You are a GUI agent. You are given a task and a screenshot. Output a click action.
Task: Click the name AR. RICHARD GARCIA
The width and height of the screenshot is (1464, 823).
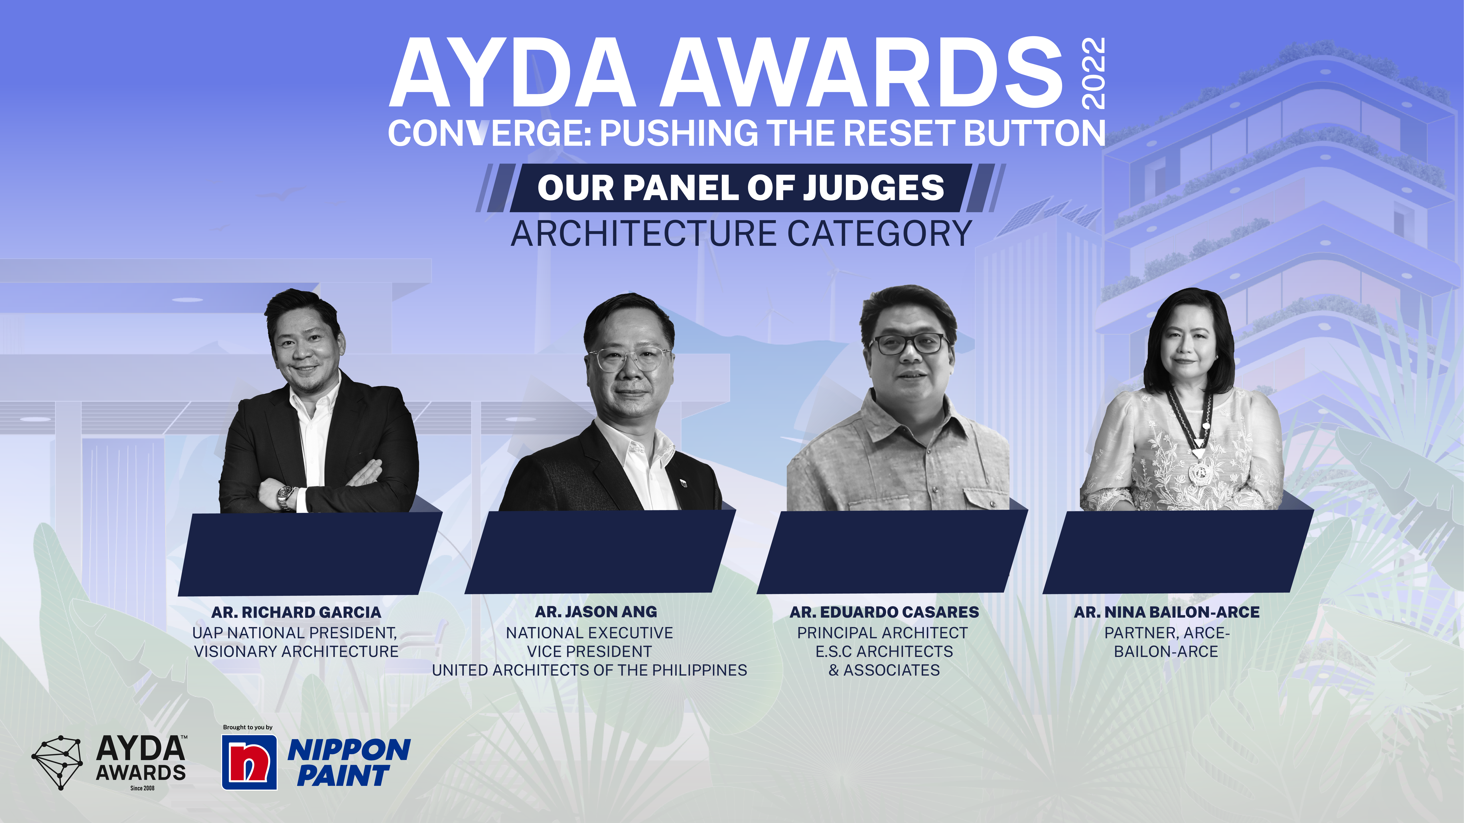(296, 612)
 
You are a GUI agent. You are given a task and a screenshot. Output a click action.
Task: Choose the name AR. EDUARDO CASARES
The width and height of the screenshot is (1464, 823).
(884, 612)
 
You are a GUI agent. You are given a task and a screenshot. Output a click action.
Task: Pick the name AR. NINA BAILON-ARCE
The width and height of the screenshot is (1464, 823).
(1167, 612)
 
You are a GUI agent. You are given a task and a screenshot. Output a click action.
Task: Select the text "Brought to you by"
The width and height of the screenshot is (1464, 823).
(248, 727)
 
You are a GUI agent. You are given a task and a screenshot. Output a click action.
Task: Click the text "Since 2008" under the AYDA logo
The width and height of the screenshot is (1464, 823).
(142, 788)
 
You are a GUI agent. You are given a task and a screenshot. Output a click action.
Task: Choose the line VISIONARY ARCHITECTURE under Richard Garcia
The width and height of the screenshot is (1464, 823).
(296, 651)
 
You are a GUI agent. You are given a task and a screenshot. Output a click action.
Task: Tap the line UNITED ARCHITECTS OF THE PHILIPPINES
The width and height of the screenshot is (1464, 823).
(589, 670)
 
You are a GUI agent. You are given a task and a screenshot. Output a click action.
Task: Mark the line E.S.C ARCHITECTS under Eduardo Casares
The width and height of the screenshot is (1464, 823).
(884, 651)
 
